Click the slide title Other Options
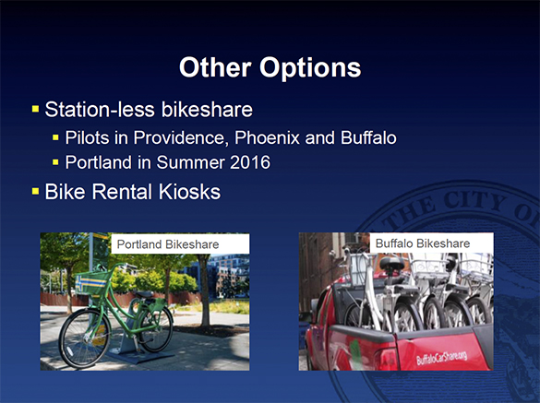pyautogui.click(x=270, y=67)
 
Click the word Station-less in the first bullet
pyautogui.click(x=89, y=112)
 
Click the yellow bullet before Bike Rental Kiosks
pyautogui.click(x=35, y=193)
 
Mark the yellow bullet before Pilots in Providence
pyautogui.click(x=56, y=139)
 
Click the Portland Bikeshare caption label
pyautogui.click(x=166, y=243)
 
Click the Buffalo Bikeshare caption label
pyautogui.click(x=423, y=243)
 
